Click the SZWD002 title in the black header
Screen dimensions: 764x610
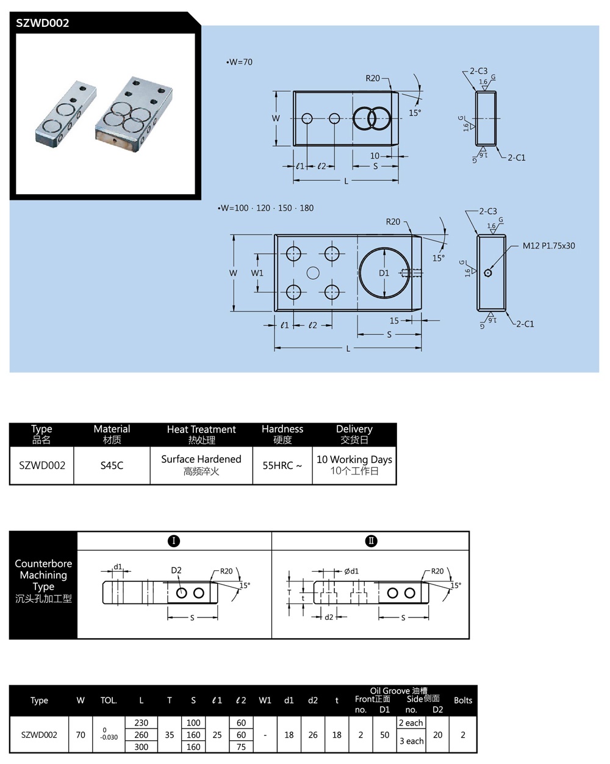(43, 23)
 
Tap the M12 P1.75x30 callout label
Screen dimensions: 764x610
(548, 246)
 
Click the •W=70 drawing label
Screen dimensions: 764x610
(239, 62)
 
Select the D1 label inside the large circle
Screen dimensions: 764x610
(384, 273)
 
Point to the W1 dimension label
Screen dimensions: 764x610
(257, 273)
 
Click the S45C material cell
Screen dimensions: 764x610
(112, 465)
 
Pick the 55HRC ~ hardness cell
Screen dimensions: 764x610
(282, 465)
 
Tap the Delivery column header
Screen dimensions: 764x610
(354, 434)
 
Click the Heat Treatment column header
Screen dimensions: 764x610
(201, 434)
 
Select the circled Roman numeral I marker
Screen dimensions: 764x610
(174, 541)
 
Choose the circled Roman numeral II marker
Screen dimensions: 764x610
(371, 541)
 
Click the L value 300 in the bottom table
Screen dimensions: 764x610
(141, 747)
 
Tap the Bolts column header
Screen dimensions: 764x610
(463, 700)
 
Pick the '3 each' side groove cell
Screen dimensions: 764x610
(411, 741)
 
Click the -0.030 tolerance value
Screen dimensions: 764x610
(109, 738)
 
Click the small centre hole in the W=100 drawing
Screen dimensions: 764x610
(313, 273)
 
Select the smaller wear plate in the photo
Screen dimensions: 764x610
(65, 114)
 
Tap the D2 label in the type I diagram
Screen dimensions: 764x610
(176, 570)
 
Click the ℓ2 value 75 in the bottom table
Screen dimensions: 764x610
(241, 747)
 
